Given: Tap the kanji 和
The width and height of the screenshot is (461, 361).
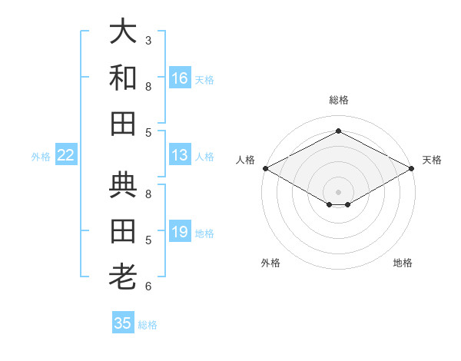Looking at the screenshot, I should click(x=124, y=78).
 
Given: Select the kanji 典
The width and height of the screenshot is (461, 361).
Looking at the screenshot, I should click(x=124, y=187).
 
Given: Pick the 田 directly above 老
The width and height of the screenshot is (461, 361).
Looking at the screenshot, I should click(x=124, y=230).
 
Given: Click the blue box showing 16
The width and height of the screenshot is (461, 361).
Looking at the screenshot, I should click(x=180, y=78).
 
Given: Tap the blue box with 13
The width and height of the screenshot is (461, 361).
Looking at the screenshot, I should click(x=180, y=155).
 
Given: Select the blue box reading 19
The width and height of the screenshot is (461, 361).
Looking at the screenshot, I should click(x=180, y=232).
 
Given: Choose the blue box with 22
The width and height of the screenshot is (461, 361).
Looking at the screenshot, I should click(x=66, y=155).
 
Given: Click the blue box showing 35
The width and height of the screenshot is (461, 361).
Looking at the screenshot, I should click(x=123, y=323).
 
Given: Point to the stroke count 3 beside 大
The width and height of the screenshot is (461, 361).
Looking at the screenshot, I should click(x=148, y=40).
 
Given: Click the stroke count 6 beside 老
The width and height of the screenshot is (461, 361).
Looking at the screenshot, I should click(x=148, y=286).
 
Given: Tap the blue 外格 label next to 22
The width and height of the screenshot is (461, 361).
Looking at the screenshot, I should click(x=41, y=157).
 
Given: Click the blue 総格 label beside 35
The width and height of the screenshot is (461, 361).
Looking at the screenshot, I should click(x=148, y=325).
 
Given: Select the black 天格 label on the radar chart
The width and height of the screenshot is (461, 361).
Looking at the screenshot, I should click(x=432, y=160).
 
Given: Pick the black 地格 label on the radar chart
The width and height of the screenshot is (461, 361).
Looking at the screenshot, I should click(x=403, y=263).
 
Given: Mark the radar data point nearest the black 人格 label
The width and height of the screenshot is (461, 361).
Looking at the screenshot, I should click(x=265, y=167).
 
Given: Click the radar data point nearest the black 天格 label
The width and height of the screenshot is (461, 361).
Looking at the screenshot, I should click(x=413, y=167).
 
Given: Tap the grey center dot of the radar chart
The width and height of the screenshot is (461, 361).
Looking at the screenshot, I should click(x=339, y=191).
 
